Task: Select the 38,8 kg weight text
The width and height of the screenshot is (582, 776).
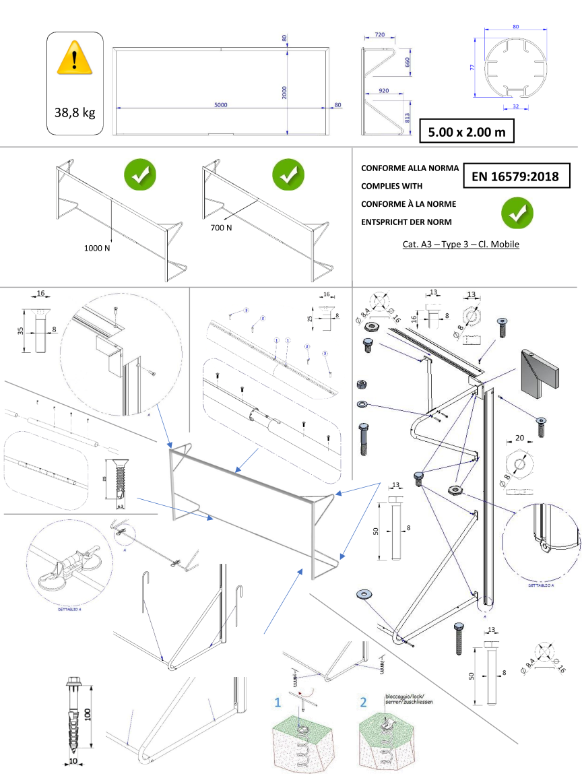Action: point(75,112)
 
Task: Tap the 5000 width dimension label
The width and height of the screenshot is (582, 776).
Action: point(221,104)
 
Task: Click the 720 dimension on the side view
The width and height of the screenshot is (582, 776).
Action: point(379,34)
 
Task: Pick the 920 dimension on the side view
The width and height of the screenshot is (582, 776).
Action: point(385,90)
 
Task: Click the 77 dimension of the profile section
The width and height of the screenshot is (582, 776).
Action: point(473,67)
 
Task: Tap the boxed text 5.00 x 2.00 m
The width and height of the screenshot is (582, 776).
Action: point(466,132)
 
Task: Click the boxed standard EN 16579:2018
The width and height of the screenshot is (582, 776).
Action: point(516,177)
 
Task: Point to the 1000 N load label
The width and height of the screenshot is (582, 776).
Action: point(97,249)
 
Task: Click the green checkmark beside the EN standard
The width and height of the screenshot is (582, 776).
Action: point(517,212)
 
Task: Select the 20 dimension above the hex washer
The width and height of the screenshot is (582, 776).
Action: point(519,437)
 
